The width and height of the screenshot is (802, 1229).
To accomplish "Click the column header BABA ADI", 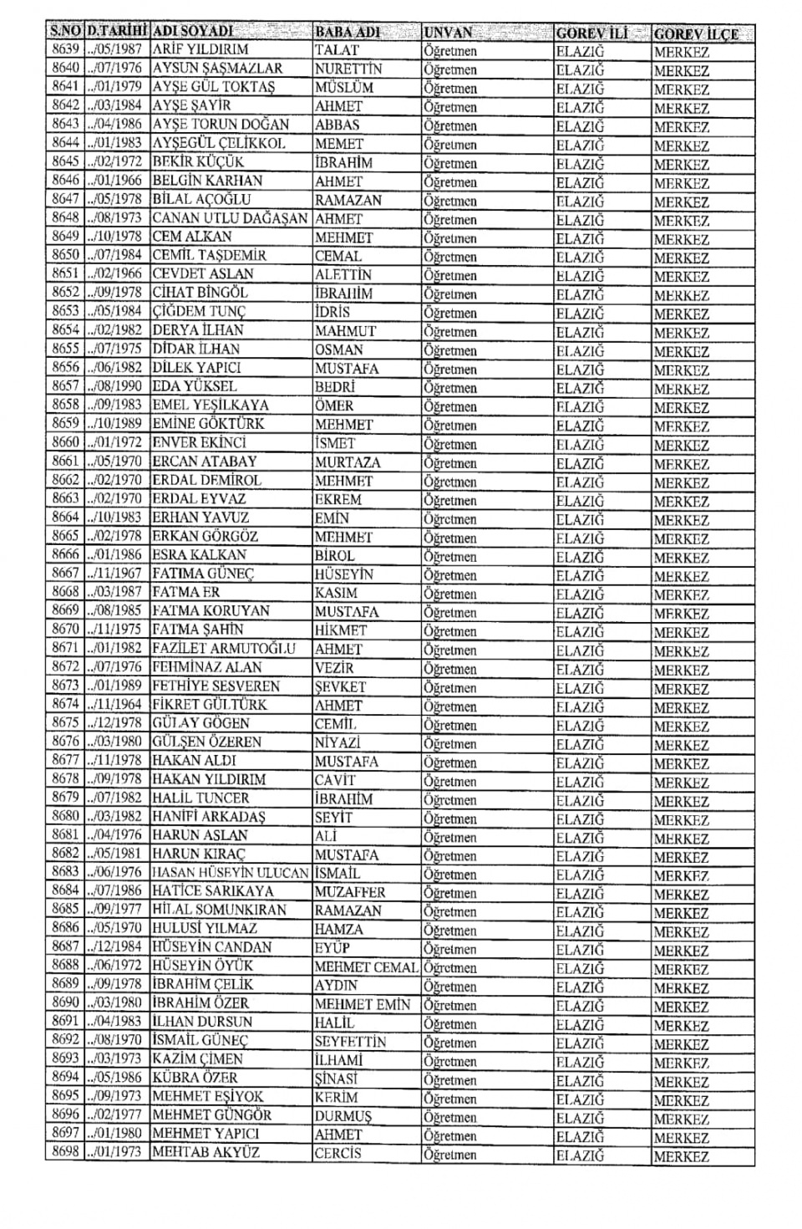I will coord(348,33).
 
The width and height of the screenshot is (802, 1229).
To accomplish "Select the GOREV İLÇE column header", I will coord(696,34).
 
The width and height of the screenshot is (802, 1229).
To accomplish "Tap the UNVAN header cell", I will coord(448,33).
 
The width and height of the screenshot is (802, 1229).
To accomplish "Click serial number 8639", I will coord(65,49).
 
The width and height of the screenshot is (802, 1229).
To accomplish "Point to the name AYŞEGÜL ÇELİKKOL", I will coord(219,143).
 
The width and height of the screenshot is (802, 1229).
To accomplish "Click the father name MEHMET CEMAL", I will coord(366,967).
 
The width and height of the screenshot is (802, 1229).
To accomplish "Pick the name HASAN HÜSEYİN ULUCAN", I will coord(231,872).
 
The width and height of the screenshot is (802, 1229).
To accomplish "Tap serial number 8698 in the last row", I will coord(65,1152).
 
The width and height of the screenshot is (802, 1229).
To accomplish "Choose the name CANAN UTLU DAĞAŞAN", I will coord(231,218).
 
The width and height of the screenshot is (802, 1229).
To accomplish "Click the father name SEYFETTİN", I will coord(351,1042).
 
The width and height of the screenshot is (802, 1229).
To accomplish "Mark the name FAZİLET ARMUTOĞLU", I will coord(224,648).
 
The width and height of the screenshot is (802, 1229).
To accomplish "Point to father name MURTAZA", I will coord(348,462).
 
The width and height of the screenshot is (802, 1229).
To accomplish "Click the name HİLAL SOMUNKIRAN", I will coord(220,910).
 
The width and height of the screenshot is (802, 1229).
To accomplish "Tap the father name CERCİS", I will coord(338,1154).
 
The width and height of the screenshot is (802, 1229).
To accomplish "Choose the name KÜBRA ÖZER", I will coord(195,1078).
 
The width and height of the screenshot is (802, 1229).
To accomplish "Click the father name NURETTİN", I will coord(348,69).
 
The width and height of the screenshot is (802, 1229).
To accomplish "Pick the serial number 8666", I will coord(65,554).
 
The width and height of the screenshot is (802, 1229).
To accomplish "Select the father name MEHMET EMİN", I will coord(363,1004).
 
